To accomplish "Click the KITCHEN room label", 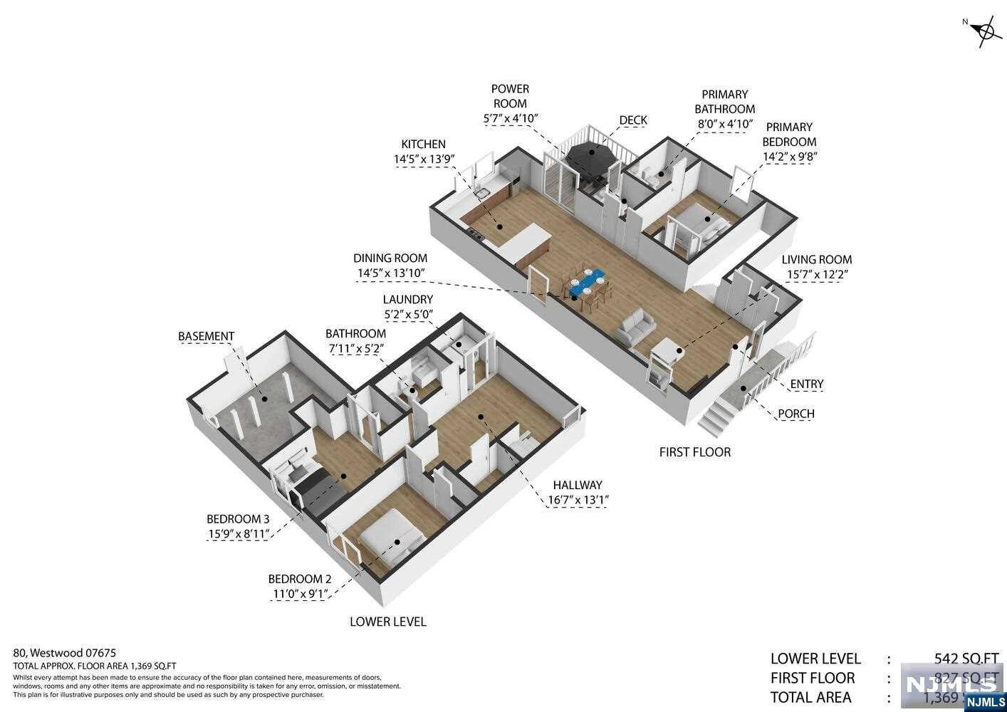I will tap(423, 144).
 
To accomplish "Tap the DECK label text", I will tap(632, 120).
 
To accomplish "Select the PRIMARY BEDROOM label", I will tap(789, 134).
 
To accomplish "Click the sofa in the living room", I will tap(636, 328).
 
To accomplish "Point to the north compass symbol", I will tap(986, 31).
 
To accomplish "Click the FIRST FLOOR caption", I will tap(694, 452).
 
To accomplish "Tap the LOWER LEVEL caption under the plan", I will tap(388, 622).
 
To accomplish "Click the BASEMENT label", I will tap(206, 336).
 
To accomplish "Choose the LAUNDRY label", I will tap(407, 300).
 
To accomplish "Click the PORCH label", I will tap(795, 414).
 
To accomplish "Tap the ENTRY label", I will tap(806, 384).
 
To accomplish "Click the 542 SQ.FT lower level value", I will tap(966, 659).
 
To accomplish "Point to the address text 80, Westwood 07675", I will tap(65, 652).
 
